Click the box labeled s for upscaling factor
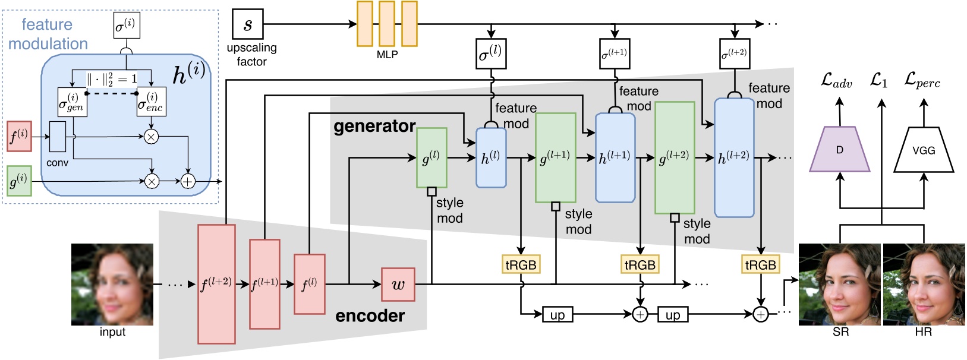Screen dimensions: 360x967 click(247, 24)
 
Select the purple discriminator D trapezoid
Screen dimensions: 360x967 click(839, 150)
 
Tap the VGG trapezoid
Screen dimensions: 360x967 click(923, 150)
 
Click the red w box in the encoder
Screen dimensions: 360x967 click(398, 284)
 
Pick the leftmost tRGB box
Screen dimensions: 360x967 click(521, 264)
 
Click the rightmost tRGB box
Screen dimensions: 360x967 click(760, 264)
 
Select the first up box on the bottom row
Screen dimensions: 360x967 click(557, 314)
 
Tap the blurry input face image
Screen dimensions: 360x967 click(112, 284)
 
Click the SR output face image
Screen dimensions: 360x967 click(839, 284)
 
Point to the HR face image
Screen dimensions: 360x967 click(924, 284)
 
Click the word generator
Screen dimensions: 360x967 click(374, 126)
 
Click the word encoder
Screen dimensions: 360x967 click(370, 315)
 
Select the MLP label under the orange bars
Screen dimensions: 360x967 click(387, 55)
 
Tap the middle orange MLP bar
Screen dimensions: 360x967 click(386, 24)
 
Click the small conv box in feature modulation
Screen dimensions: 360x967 click(58, 137)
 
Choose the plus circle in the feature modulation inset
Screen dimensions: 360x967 click(188, 181)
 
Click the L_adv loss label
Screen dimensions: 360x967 click(836, 81)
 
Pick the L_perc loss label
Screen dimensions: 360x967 click(922, 81)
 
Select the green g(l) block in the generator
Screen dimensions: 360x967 click(431, 158)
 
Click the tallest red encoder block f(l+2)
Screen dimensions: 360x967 click(216, 284)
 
